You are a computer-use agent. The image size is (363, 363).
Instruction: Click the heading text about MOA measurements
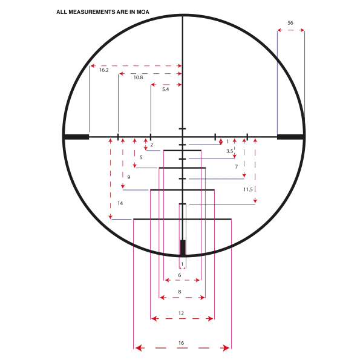click(x=103, y=12)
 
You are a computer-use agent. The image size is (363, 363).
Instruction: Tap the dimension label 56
click(x=290, y=23)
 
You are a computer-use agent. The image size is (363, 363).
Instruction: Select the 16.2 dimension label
click(x=103, y=70)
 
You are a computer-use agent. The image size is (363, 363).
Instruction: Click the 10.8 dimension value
click(x=138, y=77)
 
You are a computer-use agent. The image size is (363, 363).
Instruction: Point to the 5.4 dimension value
click(x=166, y=90)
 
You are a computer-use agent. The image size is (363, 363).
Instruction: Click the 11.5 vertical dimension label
click(x=248, y=189)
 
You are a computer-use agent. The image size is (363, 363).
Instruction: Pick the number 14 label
click(x=120, y=203)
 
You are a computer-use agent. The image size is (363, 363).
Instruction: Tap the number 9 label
click(x=129, y=177)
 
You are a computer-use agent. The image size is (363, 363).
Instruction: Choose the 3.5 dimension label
click(x=230, y=151)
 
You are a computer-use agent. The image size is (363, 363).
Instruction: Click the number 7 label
click(x=237, y=167)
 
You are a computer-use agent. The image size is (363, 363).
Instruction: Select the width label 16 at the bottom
click(x=181, y=343)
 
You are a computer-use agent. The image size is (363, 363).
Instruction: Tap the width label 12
click(x=181, y=313)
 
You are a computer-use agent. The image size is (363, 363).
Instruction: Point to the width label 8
click(x=180, y=292)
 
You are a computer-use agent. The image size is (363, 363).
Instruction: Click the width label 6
click(x=180, y=275)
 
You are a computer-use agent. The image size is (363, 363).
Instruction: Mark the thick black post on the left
click(x=77, y=137)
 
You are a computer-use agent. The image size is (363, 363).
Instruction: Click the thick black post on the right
click(x=290, y=137)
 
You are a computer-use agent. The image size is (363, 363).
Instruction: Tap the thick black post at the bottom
click(x=183, y=247)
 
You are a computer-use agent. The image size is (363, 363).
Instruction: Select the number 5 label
click(x=141, y=157)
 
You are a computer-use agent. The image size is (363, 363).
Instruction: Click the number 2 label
click(x=152, y=145)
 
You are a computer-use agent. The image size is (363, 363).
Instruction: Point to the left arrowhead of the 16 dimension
click(x=139, y=348)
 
